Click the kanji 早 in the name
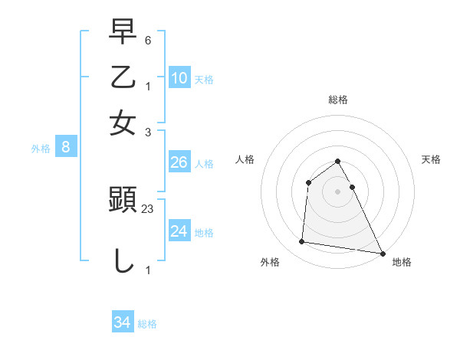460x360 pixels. [x=123, y=32]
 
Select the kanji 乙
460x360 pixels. [x=123, y=77]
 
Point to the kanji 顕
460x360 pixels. [x=123, y=201]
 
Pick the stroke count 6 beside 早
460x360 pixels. [x=149, y=40]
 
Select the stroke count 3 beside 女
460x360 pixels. [x=149, y=131]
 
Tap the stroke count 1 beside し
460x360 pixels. [x=149, y=270]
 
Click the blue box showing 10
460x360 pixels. [x=179, y=77]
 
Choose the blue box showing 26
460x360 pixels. [x=179, y=162]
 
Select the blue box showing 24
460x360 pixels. [x=179, y=231]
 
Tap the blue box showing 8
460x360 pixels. [x=66, y=148]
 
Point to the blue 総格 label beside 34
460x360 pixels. [x=147, y=323]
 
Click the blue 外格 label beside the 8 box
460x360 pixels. [x=41, y=149]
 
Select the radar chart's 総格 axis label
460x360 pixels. [x=338, y=100]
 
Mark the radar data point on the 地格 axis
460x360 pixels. [x=382, y=254]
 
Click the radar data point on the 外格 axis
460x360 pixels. [x=302, y=242]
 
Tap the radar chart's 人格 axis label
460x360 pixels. [x=245, y=159]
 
